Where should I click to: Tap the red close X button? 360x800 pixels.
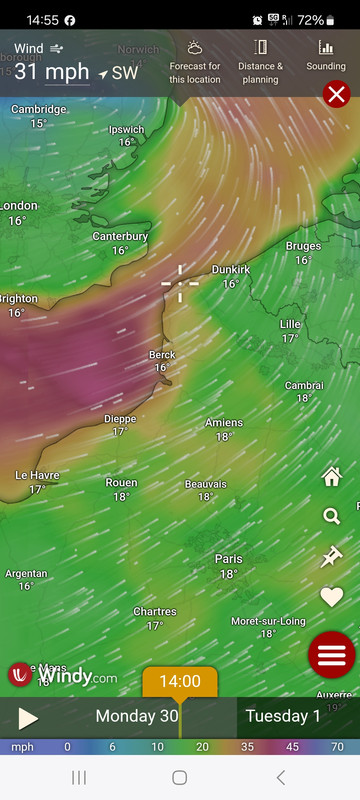(x=337, y=95)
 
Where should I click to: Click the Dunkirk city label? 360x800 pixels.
(x=230, y=270)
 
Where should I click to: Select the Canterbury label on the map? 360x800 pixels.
(x=120, y=237)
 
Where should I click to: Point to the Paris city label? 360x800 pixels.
(x=228, y=559)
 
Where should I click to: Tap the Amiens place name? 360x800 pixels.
(x=224, y=423)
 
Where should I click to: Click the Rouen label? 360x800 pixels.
(x=121, y=483)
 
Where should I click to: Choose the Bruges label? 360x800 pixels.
(x=303, y=246)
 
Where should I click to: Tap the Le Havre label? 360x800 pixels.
(x=37, y=475)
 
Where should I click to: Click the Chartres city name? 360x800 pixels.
(x=155, y=612)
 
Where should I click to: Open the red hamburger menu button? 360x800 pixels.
(x=332, y=656)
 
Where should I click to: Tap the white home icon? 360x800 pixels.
(x=331, y=476)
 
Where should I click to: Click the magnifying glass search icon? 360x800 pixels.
(x=331, y=516)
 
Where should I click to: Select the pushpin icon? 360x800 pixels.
(x=331, y=557)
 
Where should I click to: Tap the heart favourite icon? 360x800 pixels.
(x=331, y=597)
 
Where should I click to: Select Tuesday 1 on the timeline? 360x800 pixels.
(x=283, y=716)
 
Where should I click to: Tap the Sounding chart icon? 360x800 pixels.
(x=326, y=55)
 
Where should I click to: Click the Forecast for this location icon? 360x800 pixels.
(x=195, y=56)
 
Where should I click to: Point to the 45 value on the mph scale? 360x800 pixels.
(x=294, y=747)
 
